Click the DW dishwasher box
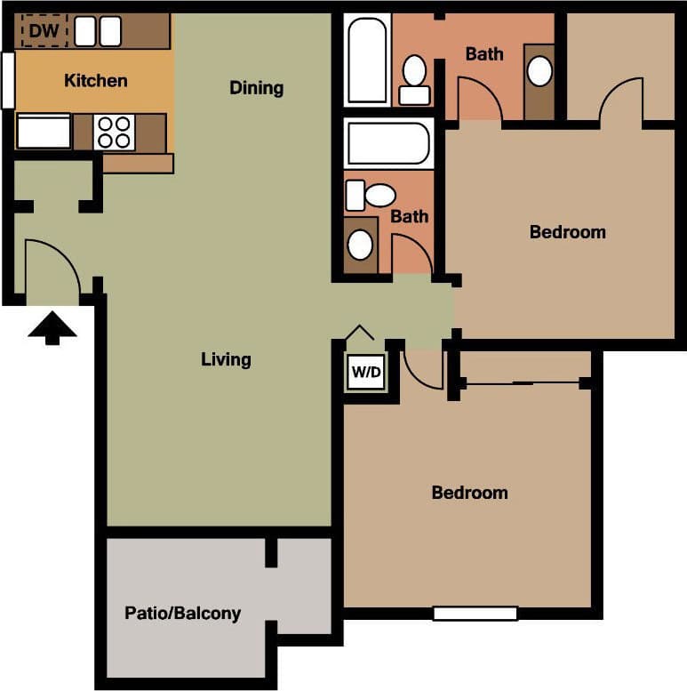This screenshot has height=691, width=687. (x=44, y=32)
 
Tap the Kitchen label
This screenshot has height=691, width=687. (x=96, y=81)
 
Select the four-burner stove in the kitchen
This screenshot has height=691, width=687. (x=115, y=133)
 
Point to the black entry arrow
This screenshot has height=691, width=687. (x=52, y=326)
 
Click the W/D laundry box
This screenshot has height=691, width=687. (x=365, y=373)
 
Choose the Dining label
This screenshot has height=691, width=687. (x=256, y=88)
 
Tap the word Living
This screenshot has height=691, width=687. (x=226, y=359)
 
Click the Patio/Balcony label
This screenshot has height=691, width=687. (x=182, y=613)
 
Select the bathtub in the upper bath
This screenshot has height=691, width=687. (x=368, y=60)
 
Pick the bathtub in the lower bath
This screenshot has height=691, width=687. (x=387, y=143)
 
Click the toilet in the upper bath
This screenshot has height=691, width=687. (x=414, y=77)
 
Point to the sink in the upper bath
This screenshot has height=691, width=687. (x=539, y=71)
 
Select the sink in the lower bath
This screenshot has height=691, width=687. (x=360, y=244)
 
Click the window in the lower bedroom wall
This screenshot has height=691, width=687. (x=475, y=613)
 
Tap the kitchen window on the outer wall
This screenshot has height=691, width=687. (x=8, y=81)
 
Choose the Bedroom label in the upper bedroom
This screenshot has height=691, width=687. (x=567, y=232)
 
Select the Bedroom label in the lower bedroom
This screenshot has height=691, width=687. (x=469, y=493)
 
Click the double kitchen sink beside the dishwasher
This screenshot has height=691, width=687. (x=98, y=32)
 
